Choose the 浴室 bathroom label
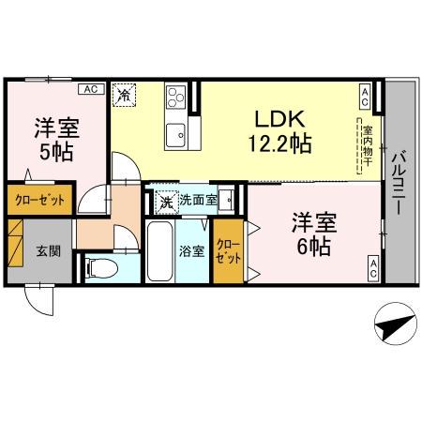click(190, 250)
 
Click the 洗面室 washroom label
click(198, 199)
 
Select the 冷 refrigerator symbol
click(125, 94)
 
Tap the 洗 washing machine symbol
click(165, 200)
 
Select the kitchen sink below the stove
click(174, 135)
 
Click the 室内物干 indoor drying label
click(368, 141)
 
